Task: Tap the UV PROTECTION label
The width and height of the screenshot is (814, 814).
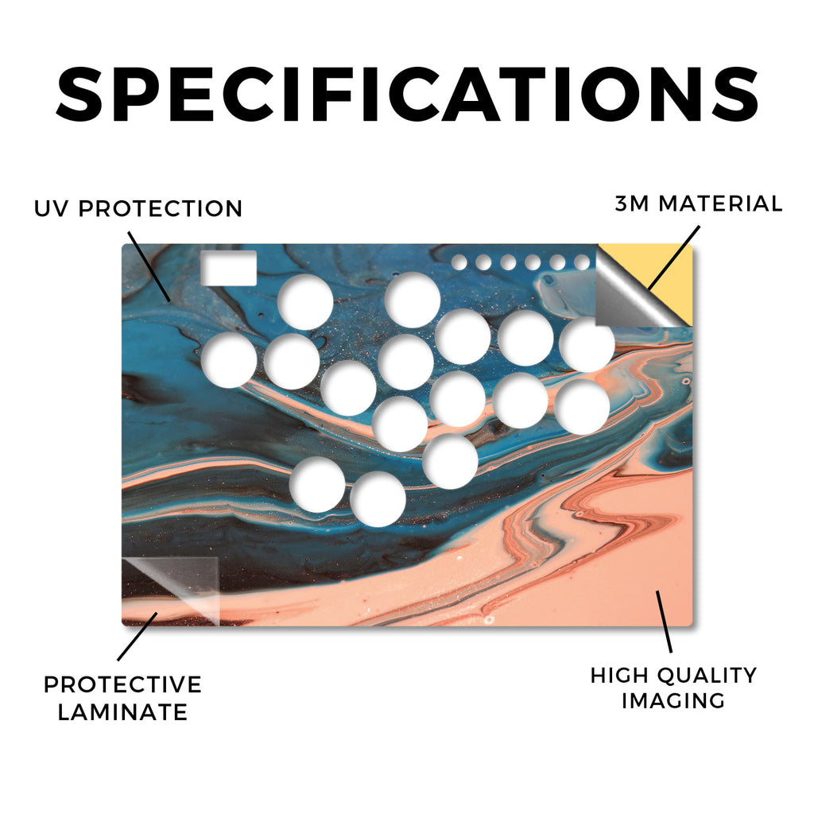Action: [138, 208]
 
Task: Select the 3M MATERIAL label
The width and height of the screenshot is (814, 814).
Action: [698, 203]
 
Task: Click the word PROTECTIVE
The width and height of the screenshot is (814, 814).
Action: [122, 684]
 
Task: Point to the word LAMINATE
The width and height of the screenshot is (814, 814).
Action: [122, 711]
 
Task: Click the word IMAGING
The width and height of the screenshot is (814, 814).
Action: [673, 701]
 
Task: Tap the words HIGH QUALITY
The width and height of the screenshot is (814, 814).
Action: [673, 676]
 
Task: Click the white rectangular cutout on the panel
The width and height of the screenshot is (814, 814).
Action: [228, 268]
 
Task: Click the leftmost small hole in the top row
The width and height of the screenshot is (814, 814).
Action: [459, 262]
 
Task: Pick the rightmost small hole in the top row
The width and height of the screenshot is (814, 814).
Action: [582, 262]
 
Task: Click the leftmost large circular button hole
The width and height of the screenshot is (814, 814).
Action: [229, 360]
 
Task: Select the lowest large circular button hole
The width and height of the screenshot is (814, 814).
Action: [378, 499]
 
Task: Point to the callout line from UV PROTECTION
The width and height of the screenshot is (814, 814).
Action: [149, 267]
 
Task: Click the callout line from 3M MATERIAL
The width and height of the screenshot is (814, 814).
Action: [674, 258]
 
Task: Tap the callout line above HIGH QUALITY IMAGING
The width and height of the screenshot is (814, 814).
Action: [664, 622]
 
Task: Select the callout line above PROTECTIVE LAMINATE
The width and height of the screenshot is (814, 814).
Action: [137, 637]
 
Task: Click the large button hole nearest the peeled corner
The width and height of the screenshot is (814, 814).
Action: [587, 345]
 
